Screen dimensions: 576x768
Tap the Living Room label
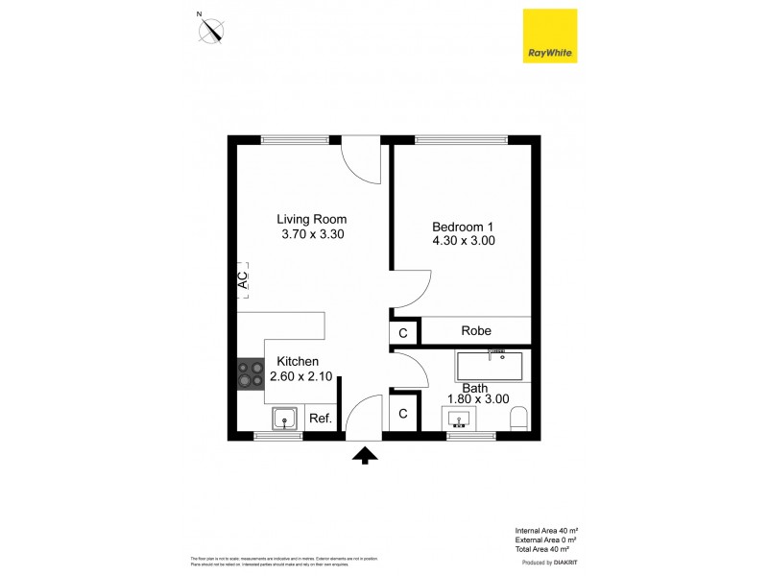click(x=312, y=219)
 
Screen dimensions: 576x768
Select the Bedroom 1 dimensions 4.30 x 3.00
click(x=464, y=242)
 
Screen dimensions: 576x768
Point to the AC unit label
click(x=243, y=280)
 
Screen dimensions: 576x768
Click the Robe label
click(x=476, y=331)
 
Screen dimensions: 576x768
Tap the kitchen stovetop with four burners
click(x=252, y=374)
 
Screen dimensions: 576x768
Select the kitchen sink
click(x=284, y=418)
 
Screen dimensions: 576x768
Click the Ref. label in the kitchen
click(x=320, y=419)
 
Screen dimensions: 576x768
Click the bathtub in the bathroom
click(x=490, y=366)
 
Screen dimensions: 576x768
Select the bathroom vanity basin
click(x=458, y=419)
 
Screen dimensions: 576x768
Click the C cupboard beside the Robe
click(x=403, y=332)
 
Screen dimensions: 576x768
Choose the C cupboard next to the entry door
click(x=403, y=414)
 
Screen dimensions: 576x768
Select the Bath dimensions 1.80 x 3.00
click(x=477, y=398)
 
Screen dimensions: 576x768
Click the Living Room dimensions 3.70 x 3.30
click(x=312, y=234)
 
